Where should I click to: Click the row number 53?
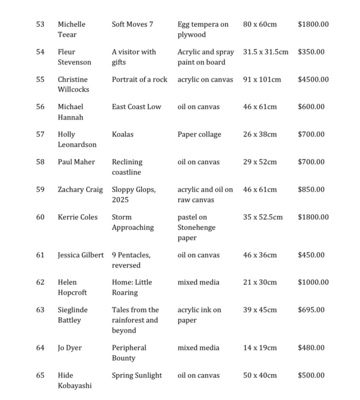[40, 24]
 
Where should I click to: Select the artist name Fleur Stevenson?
[74, 57]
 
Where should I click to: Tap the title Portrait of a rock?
[139, 79]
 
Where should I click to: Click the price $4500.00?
[313, 79]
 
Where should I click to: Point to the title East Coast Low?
[136, 107]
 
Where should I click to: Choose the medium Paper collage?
[199, 134]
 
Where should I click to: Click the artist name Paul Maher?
[76, 162]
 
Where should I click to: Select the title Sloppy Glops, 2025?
[134, 195]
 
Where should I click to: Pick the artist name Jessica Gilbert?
[81, 255]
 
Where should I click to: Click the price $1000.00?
[313, 282]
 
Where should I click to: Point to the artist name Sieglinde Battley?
[73, 315]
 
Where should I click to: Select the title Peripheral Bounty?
[129, 353]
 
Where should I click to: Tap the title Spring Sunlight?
[136, 375]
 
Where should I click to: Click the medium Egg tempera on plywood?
[202, 29]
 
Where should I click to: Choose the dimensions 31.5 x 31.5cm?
[265, 52]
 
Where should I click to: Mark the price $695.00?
[311, 310]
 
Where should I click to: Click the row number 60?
[40, 217]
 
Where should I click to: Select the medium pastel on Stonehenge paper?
[196, 227]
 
